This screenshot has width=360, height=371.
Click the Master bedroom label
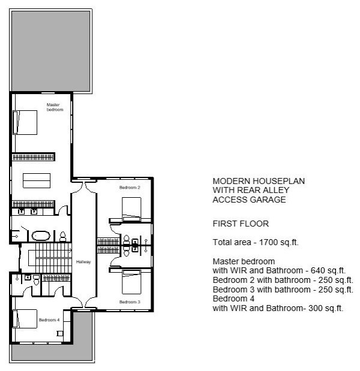(x=55, y=107)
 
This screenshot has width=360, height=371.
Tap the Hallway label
(x=83, y=262)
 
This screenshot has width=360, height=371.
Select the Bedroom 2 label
(x=130, y=188)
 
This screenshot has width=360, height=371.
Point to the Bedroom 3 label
(x=130, y=302)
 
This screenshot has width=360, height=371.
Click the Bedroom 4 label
(x=49, y=320)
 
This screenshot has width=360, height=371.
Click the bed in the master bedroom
(x=25, y=122)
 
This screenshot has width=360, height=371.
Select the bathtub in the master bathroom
(x=41, y=236)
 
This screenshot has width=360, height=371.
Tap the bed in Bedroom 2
(x=131, y=209)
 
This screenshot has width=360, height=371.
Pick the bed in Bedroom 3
(x=131, y=282)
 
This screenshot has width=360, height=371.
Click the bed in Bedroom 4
(x=25, y=319)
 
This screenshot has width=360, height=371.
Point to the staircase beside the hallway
(x=50, y=258)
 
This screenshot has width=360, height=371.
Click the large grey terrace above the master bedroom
(x=50, y=51)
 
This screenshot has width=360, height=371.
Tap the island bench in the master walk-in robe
(x=37, y=180)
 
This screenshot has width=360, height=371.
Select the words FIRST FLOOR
(x=241, y=224)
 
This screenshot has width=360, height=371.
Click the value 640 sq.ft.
(x=328, y=270)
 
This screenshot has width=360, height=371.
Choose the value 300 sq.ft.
(x=326, y=308)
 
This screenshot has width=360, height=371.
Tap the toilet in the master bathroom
(x=62, y=237)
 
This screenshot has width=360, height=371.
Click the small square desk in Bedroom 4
(x=60, y=333)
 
